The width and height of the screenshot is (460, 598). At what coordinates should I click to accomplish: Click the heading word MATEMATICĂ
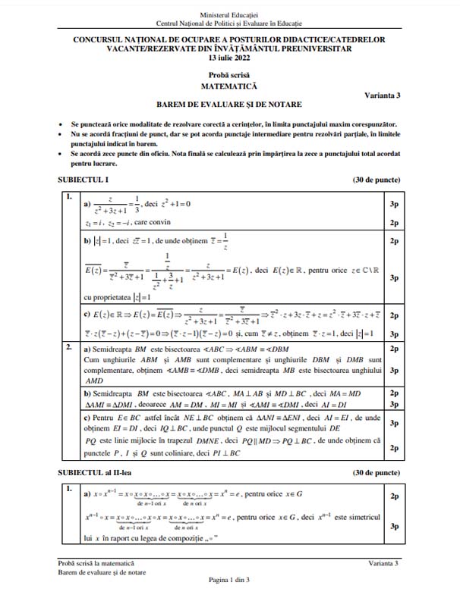[229, 86]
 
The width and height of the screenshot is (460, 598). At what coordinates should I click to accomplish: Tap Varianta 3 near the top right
[383, 94]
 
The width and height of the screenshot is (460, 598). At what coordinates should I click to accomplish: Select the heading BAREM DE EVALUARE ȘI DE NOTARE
[229, 105]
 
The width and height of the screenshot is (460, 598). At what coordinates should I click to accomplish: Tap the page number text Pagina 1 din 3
[229, 580]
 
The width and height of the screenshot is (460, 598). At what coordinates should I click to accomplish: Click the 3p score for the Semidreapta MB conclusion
[394, 371]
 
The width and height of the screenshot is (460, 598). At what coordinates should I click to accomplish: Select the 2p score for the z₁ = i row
[394, 222]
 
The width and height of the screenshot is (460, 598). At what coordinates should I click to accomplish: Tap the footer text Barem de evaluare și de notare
[102, 572]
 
